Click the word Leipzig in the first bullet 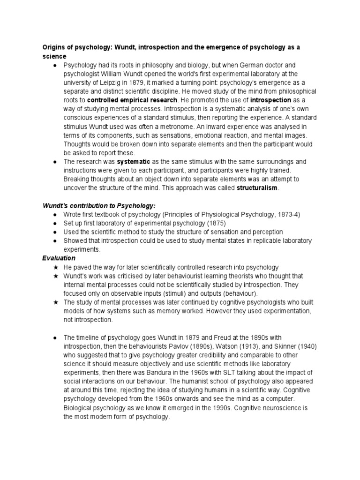[x=105, y=82]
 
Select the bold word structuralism [x=257, y=188]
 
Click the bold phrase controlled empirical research [x=132, y=100]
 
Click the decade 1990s [x=207, y=408]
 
